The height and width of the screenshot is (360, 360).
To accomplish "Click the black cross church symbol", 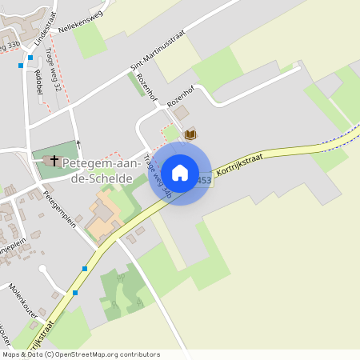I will point(54,161).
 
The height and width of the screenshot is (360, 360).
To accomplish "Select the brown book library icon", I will point(190,134).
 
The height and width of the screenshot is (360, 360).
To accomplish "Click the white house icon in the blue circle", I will point(179,172).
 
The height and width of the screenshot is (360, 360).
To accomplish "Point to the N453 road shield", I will point(203,181).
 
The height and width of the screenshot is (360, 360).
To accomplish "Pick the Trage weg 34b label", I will point(159,177).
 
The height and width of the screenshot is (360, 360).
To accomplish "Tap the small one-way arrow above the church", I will point(78,146).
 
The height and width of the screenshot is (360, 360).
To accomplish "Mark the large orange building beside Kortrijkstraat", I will point(103,220).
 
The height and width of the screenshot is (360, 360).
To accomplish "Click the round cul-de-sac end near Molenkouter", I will point(44,271).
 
